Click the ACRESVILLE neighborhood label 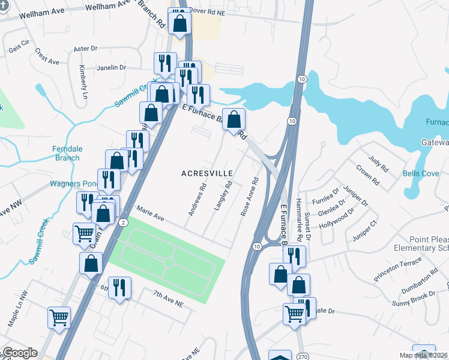(207, 173)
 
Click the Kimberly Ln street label (83, 83)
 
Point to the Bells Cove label (421, 173)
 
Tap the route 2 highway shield (122, 222)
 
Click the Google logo (20, 353)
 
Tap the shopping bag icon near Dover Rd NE (180, 23)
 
